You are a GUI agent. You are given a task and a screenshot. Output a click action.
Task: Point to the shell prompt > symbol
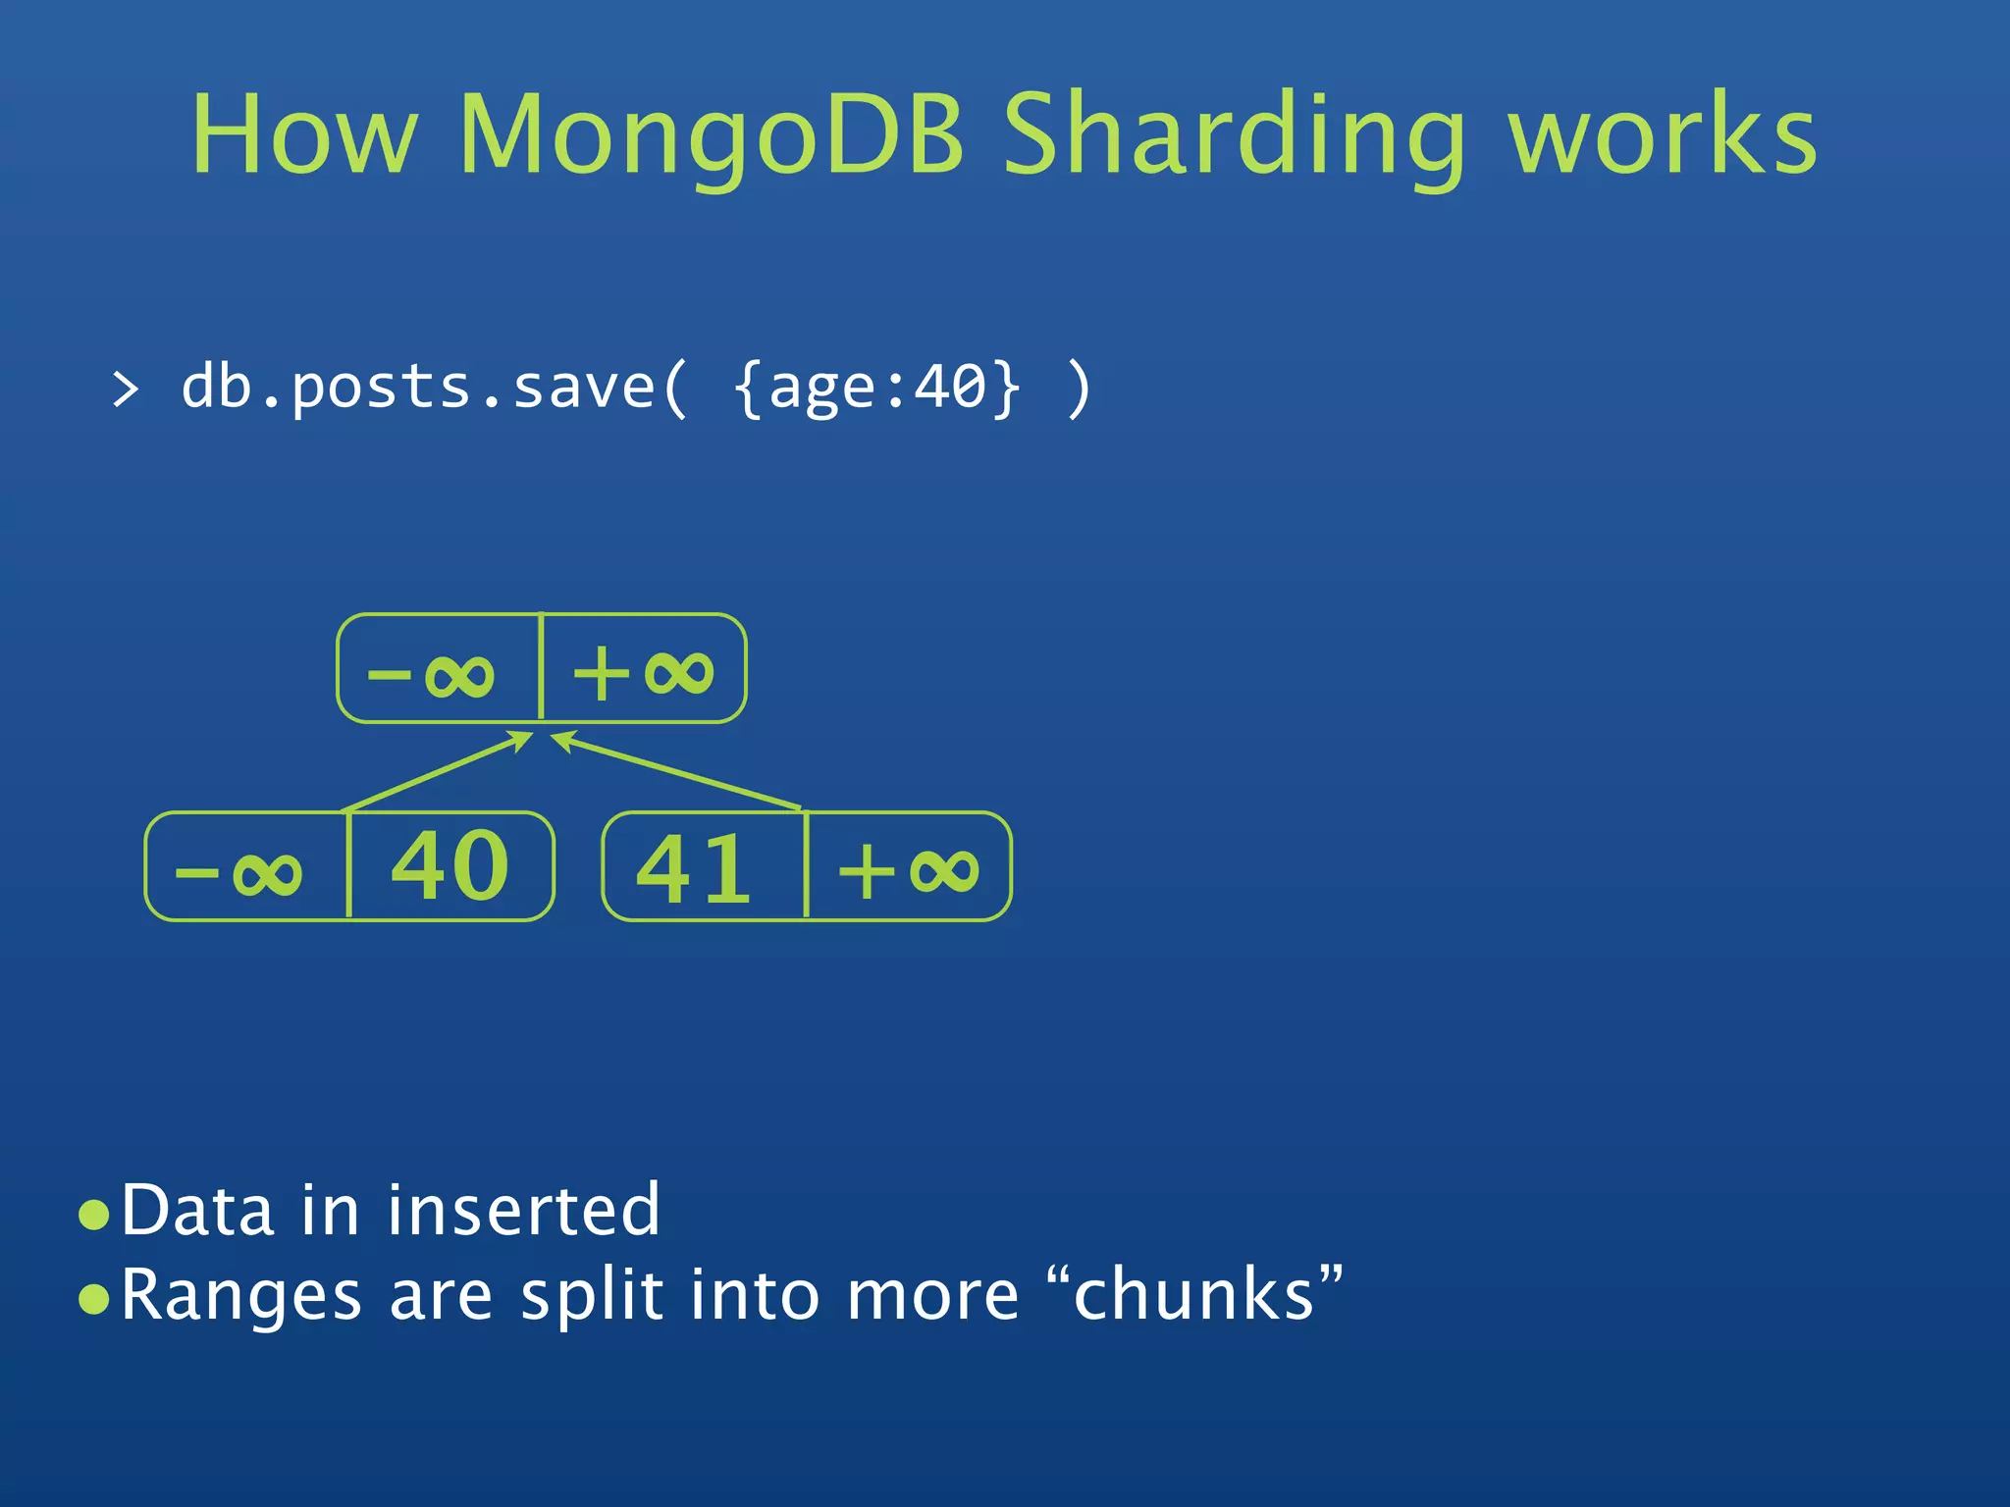[126, 390]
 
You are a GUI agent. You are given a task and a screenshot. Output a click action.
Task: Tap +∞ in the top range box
[643, 673]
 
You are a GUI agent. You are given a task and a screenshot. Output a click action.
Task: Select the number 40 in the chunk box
[450, 865]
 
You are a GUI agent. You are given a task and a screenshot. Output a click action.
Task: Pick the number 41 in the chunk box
[694, 869]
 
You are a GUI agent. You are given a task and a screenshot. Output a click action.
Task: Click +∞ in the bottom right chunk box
[908, 870]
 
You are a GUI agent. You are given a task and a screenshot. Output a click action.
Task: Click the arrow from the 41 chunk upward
[677, 772]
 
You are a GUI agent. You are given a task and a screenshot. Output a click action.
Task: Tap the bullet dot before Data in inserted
[94, 1215]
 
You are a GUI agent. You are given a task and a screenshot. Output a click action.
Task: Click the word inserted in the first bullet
[523, 1210]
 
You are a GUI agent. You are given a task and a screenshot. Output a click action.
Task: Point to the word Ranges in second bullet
[241, 1295]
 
